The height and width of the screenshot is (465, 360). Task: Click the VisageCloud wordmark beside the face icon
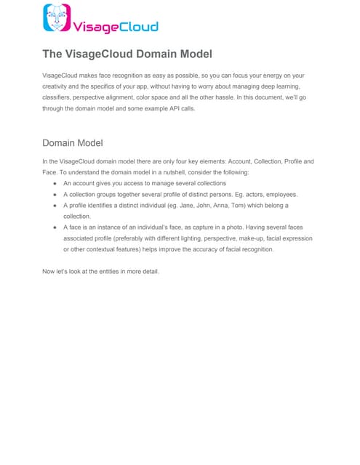pos(116,27)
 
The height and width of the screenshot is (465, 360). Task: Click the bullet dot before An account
pos(55,185)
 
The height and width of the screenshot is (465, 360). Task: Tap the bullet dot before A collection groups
pos(55,195)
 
